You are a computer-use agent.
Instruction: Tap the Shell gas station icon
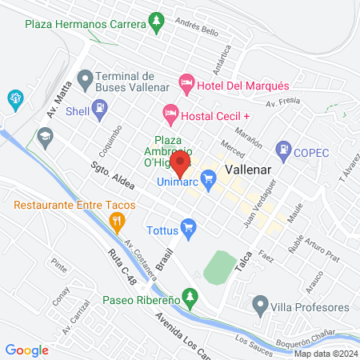click(x=100, y=108)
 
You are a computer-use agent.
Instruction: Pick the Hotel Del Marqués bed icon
click(x=186, y=82)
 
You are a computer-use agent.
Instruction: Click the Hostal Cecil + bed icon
click(x=170, y=113)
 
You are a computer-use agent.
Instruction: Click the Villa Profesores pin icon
click(x=259, y=305)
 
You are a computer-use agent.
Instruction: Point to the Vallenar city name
click(x=250, y=171)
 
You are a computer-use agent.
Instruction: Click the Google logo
click(x=27, y=350)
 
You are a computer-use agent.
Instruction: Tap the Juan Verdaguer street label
click(x=260, y=203)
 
